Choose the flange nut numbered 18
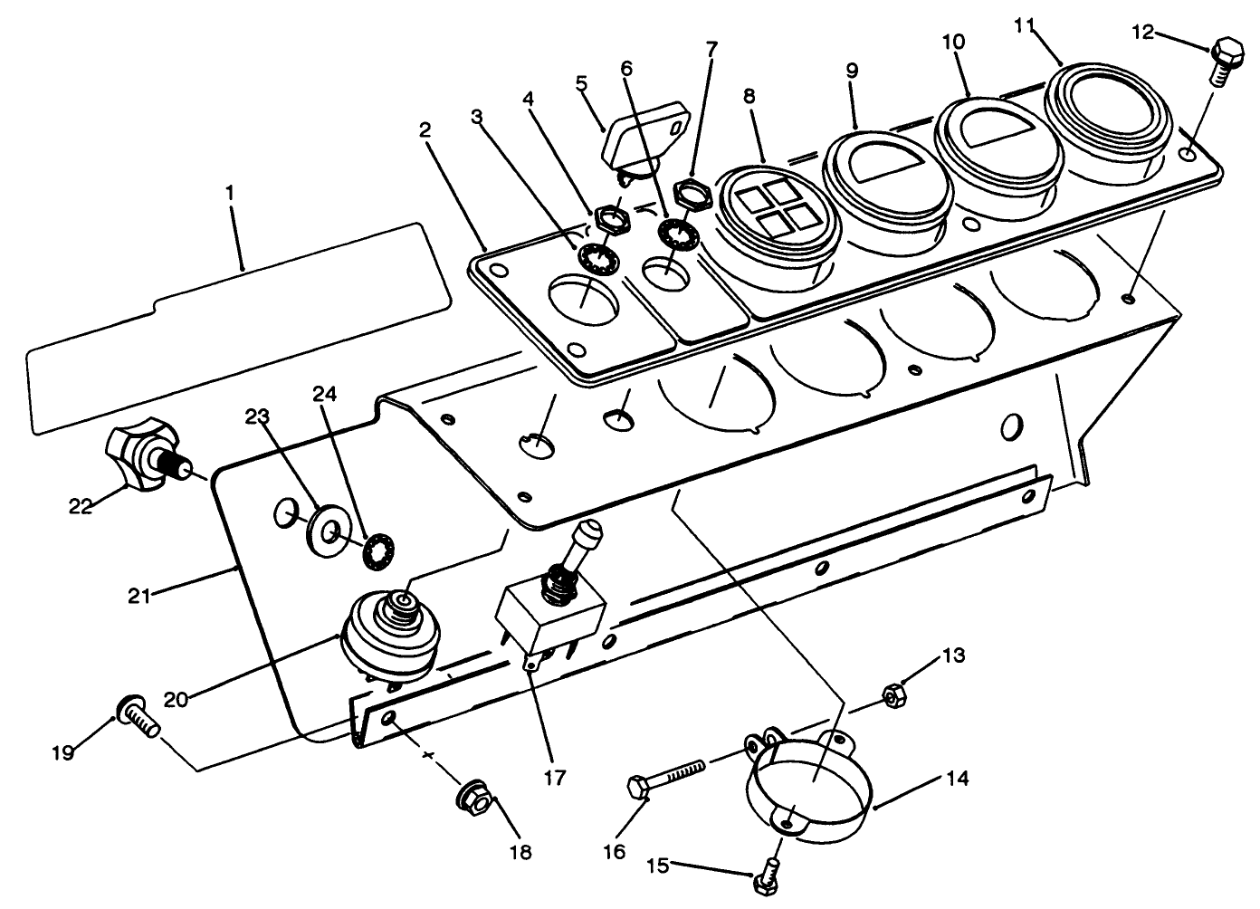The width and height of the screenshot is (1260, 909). (x=477, y=799)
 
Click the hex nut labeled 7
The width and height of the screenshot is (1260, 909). (x=692, y=192)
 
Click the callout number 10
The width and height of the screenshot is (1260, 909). (x=953, y=43)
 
